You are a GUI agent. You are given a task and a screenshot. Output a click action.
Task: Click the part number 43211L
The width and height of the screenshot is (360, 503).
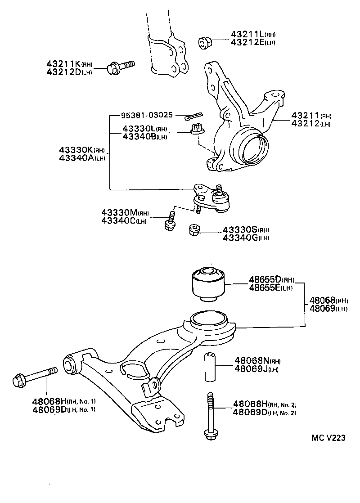point(247,34)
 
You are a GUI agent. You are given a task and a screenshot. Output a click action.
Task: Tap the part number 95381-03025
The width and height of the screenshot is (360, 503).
point(146,115)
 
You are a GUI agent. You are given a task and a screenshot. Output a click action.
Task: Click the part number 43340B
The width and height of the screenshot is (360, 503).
point(138,137)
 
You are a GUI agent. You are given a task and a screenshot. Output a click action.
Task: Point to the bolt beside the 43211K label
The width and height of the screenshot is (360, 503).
point(121,67)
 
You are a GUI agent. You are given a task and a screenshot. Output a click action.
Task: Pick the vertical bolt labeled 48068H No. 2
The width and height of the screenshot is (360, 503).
point(210,416)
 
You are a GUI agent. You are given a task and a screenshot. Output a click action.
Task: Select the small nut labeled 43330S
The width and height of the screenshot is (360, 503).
point(194,230)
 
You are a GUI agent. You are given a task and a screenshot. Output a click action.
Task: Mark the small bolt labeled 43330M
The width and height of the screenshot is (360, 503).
point(170,220)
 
